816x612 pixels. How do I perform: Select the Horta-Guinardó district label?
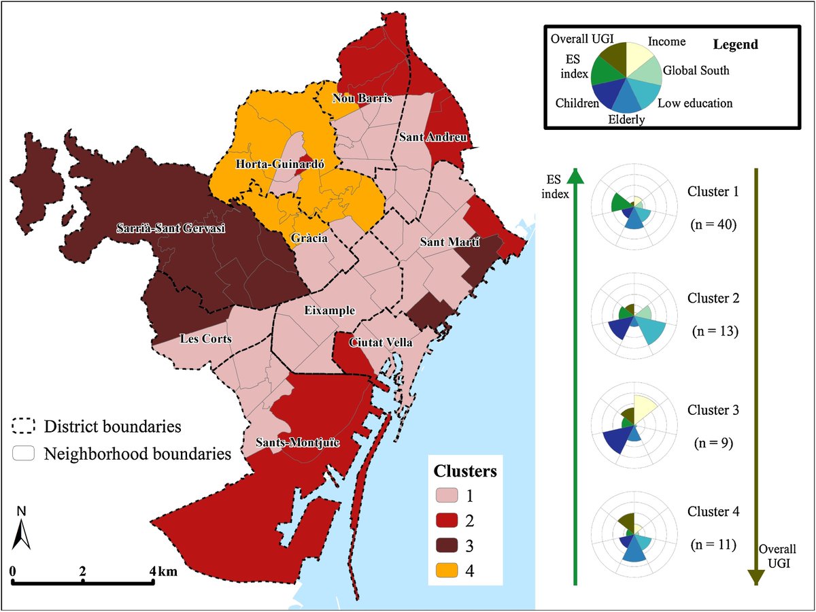pyautogui.click(x=269, y=164)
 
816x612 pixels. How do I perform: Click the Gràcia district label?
pyautogui.click(x=307, y=239)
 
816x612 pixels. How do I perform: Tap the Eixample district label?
pyautogui.click(x=329, y=310)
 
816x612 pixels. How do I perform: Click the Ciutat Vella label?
pyautogui.click(x=381, y=343)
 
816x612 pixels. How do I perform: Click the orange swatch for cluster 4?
pyautogui.click(x=449, y=570)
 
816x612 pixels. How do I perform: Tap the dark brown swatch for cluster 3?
pyautogui.click(x=449, y=545)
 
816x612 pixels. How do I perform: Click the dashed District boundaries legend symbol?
pyautogui.click(x=24, y=426)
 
